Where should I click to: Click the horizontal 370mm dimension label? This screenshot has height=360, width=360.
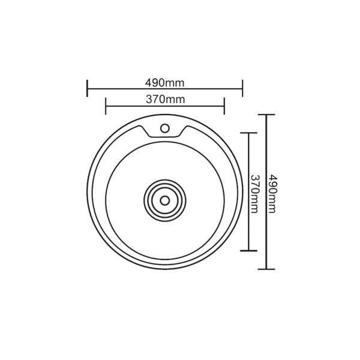point(164,99)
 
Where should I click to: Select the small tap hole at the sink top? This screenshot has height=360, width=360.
point(164,127)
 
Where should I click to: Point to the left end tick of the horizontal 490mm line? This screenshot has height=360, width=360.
point(88,88)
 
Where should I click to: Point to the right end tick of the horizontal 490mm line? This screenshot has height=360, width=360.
point(242,88)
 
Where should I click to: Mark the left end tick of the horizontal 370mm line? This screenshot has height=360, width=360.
point(106,107)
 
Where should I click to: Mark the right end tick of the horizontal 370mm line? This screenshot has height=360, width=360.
point(224,107)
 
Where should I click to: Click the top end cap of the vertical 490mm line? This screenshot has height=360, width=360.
point(266,115)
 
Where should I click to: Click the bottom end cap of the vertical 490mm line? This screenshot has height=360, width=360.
point(266,270)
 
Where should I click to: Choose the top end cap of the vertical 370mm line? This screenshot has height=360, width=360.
point(248,132)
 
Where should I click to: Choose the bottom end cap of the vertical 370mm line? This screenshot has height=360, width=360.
point(248,251)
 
